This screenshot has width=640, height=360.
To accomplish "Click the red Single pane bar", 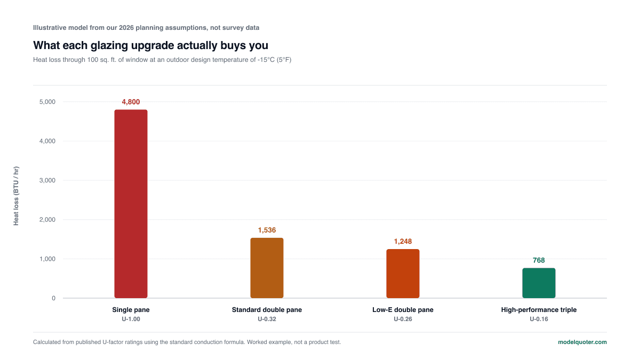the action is coord(131,204).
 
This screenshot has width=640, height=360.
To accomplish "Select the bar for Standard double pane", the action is coord(267,268).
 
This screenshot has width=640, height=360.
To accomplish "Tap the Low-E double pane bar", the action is coord(403,274).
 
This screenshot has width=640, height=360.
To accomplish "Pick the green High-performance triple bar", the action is coord(539,283).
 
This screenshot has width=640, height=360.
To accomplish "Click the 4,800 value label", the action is coord(131,102).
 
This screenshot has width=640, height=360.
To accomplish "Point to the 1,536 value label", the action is coord(267,230).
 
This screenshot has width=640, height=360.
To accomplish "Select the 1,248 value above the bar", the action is coord(403,242).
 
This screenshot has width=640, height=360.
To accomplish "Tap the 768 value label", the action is coord(539,260).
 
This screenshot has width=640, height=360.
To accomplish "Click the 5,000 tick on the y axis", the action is coord(47,102).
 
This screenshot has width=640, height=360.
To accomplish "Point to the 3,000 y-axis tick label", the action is coord(47,180).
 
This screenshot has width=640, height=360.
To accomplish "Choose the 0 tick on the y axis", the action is coord(53,298).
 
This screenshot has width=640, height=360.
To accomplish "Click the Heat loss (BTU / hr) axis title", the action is coord(16,196).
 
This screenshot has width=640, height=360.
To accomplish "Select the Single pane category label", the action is coord(131,310).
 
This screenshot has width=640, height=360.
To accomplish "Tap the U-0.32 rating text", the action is coord(267,319).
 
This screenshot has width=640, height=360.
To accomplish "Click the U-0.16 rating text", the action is coord(539,319).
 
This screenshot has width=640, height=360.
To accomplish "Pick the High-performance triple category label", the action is coord(539,310).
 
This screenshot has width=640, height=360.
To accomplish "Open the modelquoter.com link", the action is coord(582,342).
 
